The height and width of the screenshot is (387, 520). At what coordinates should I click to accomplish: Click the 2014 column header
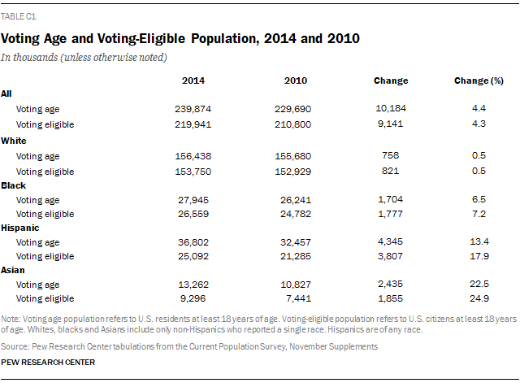tap(193, 80)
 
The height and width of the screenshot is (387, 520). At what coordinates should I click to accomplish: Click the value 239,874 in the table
tap(193, 108)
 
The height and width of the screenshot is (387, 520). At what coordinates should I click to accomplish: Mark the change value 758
tap(390, 154)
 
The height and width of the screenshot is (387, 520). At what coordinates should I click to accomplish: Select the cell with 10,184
tap(390, 108)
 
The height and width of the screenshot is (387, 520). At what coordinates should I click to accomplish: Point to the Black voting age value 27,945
tap(193, 200)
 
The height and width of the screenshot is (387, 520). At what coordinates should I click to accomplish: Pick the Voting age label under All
tap(37, 108)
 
